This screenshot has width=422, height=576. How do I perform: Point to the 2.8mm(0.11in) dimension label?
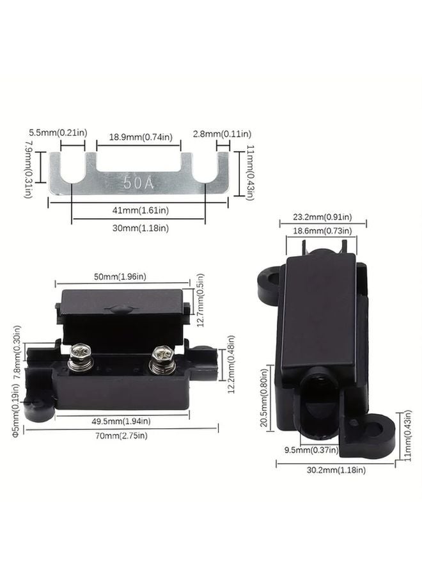point(222,133)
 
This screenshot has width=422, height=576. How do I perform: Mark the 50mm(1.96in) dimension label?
point(121,276)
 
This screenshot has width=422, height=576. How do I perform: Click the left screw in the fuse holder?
point(82,352)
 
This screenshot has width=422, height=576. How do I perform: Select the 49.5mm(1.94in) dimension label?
point(121,420)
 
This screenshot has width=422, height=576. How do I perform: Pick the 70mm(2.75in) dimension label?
point(121,435)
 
